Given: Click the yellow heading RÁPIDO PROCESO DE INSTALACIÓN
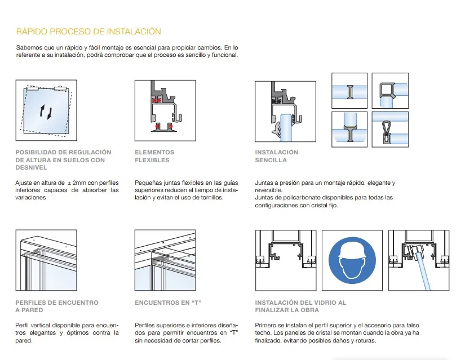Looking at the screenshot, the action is pyautogui.click(x=88, y=32).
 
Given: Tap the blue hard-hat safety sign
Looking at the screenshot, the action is pyautogui.click(x=352, y=260).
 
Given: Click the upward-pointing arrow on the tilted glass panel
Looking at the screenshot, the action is pyautogui.click(x=43, y=110).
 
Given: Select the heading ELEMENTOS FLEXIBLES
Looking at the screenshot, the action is pyautogui.click(x=154, y=156).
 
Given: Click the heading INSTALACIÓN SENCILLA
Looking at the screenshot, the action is pyautogui.click(x=276, y=156).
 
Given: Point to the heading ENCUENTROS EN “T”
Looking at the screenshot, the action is pyautogui.click(x=168, y=303).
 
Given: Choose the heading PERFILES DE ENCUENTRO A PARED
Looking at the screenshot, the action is pyautogui.click(x=57, y=306).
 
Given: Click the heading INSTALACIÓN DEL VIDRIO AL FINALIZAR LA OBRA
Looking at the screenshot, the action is pyautogui.click(x=300, y=306).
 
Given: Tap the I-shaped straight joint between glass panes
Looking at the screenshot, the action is pyautogui.click(x=350, y=92).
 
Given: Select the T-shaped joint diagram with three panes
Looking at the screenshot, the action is pyautogui.click(x=349, y=130).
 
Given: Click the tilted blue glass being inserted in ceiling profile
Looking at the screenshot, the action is pyautogui.click(x=423, y=270).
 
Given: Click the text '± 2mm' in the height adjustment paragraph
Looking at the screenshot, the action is pyautogui.click(x=76, y=183).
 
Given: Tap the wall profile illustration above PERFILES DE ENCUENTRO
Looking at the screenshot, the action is pyautogui.click(x=46, y=260).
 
